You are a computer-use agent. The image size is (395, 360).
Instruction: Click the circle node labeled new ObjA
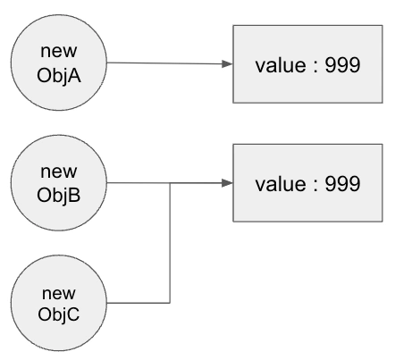[60, 63]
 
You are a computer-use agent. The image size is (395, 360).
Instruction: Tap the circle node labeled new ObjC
[60, 304]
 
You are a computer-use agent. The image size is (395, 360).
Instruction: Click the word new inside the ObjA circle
[60, 52]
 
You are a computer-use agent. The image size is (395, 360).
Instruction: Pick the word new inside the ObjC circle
[60, 293]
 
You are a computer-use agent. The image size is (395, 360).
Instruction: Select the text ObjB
[60, 195]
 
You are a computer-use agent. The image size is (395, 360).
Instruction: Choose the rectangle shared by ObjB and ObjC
[308, 183]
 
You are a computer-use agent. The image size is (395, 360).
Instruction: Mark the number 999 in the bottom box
[340, 183]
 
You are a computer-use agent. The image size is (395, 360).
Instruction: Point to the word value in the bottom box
[279, 183]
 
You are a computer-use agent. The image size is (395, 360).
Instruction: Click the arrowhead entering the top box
[228, 64]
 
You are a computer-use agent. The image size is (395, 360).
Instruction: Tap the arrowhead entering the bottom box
[228, 183]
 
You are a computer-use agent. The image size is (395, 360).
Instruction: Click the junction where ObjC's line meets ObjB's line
[170, 183]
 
